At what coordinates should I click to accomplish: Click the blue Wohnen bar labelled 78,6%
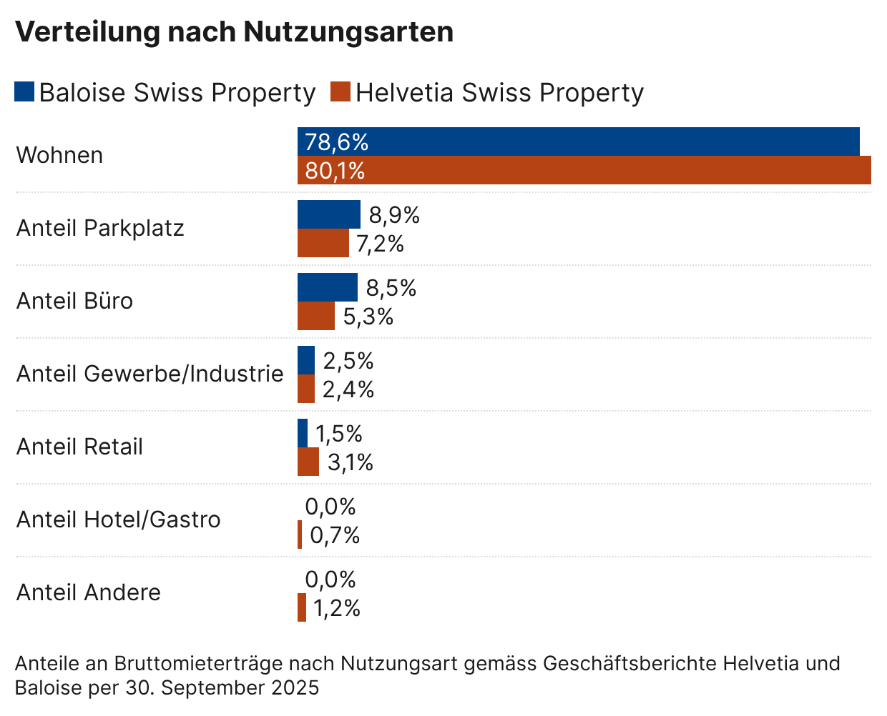(x=578, y=141)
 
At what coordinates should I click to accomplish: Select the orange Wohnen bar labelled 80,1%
(x=584, y=171)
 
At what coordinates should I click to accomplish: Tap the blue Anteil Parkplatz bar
(x=328, y=214)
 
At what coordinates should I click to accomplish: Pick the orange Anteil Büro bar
(x=315, y=316)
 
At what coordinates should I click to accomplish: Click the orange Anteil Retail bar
(x=308, y=462)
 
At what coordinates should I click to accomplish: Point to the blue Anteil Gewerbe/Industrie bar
(x=305, y=360)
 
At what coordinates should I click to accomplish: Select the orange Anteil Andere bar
(x=302, y=607)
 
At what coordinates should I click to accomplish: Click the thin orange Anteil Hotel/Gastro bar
(x=300, y=534)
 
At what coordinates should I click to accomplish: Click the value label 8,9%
(x=394, y=215)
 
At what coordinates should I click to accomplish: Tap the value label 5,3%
(x=368, y=317)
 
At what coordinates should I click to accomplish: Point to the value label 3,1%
(x=351, y=462)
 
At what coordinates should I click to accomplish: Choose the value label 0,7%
(x=335, y=535)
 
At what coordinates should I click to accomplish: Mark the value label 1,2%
(x=336, y=608)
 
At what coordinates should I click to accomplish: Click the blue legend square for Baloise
(x=24, y=92)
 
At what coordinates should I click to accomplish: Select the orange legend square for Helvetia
(x=340, y=92)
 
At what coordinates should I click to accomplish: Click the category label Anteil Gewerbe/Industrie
(x=150, y=374)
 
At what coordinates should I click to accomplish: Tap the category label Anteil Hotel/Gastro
(x=118, y=519)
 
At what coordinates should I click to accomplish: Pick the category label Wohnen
(x=59, y=155)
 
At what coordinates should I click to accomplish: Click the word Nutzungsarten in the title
(x=348, y=32)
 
